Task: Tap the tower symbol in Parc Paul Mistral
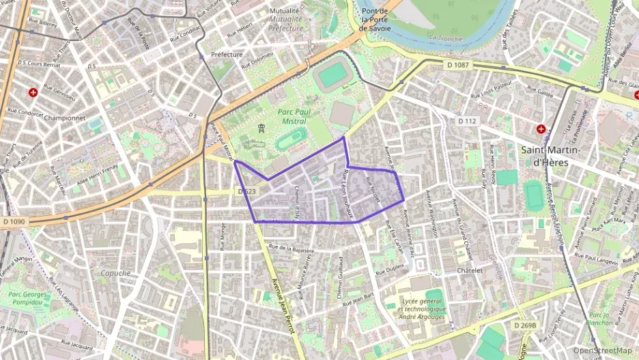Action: (261, 128)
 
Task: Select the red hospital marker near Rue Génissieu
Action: (32, 92)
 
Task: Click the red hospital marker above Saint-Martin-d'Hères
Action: (541, 128)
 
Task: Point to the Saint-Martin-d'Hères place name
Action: (550, 156)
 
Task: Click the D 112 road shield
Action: (467, 121)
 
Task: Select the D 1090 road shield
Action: (13, 221)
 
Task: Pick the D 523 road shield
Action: (247, 192)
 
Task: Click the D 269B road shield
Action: (525, 325)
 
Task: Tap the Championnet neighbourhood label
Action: (63, 117)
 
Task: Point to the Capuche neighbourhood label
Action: (115, 273)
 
